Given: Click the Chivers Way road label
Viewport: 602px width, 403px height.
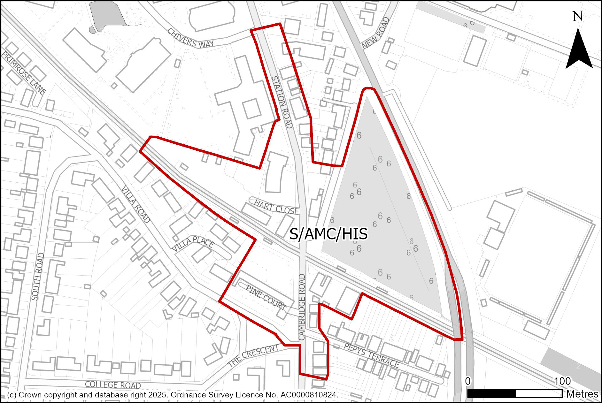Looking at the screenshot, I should [190, 38].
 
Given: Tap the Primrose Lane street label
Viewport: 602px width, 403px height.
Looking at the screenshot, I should [24, 73].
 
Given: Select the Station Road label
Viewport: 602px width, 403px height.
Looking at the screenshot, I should [282, 102].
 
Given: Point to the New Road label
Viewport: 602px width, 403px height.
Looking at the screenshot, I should [376, 33].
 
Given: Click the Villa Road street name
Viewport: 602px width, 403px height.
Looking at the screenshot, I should [135, 204].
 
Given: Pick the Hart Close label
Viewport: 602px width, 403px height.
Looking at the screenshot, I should [276, 207].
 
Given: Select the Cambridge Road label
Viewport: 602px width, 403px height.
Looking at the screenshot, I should [302, 307].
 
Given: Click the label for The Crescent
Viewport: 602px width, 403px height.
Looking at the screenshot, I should [253, 355].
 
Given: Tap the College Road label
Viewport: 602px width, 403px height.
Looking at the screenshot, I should [113, 384].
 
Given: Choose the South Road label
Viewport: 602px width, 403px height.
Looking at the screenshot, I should [38, 277].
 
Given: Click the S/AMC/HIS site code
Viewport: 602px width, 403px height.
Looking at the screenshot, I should [328, 234].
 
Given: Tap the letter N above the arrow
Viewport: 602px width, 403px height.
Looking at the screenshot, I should [577, 16].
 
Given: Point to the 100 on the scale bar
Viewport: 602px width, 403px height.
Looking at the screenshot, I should [562, 381].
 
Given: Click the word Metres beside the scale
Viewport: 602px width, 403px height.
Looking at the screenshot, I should [582, 394].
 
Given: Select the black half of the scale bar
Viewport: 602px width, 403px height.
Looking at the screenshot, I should [491, 394].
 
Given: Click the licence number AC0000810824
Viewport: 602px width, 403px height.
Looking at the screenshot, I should [309, 395].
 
